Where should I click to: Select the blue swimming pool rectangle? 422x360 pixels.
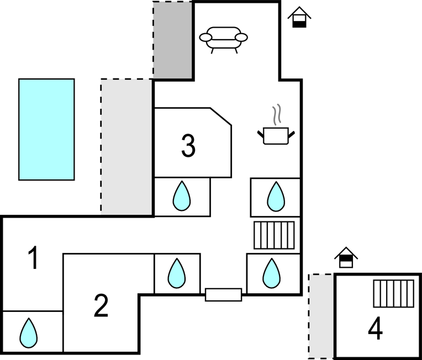(x=46, y=129)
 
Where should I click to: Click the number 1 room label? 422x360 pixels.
(x=34, y=258)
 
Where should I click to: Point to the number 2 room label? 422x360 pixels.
(x=101, y=306)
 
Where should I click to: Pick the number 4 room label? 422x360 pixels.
(x=375, y=330)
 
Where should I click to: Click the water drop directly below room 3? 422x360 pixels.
(x=182, y=197)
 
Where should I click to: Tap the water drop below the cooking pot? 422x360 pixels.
(x=276, y=197)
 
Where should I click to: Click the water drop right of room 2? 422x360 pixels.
(x=176, y=273)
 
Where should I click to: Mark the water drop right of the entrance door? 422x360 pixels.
(x=271, y=273)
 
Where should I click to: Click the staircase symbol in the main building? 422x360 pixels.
(x=274, y=235)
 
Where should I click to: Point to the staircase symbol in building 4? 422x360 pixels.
(x=393, y=293)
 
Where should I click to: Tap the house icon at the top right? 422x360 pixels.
(x=299, y=17)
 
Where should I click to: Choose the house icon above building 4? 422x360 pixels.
(x=346, y=257)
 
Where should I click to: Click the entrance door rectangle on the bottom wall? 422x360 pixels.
(x=223, y=294)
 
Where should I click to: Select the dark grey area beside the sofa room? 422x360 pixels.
(x=172, y=40)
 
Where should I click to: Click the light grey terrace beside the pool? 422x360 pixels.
(x=126, y=145)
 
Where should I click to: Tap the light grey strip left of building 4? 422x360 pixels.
(x=321, y=315)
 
